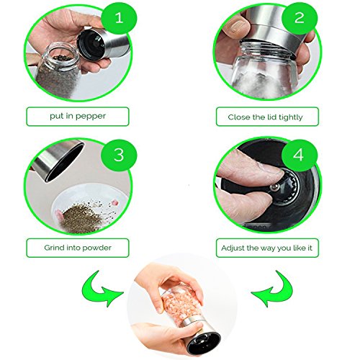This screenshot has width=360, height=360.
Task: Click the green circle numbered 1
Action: click(x=119, y=18)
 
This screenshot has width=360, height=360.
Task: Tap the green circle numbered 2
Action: click(x=299, y=18)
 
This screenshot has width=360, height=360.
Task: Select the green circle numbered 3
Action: click(x=119, y=155)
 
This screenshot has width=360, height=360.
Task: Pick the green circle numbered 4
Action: click(x=299, y=155)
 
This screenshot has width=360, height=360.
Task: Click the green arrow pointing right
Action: click(x=102, y=289)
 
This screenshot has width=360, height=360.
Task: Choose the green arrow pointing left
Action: click(x=272, y=289)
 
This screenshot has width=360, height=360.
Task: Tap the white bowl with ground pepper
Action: click(x=90, y=209)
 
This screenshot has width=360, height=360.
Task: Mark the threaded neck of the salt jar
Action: click(x=266, y=50)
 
